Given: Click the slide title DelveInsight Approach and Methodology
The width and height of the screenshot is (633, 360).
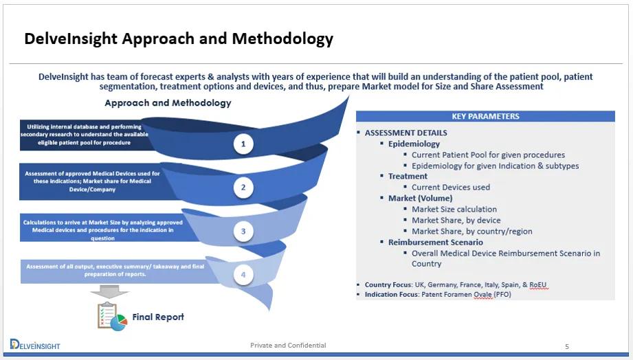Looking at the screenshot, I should (179, 38).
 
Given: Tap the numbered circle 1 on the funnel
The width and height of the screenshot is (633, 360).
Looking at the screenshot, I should (243, 144).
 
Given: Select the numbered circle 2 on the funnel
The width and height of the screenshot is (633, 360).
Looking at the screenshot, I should (243, 187).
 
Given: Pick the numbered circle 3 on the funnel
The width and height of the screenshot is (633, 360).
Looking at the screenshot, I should (243, 232).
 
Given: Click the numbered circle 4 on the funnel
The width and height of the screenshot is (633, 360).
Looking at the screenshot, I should (243, 275).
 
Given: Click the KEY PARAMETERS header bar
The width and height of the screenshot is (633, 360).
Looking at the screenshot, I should (485, 116).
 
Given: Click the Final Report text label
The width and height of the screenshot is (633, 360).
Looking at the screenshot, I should (158, 317).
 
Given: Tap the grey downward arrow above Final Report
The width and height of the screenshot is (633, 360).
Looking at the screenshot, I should (109, 292).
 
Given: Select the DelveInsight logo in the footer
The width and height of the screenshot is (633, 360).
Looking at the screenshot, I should (35, 344).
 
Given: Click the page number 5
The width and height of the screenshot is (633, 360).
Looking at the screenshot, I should (567, 346).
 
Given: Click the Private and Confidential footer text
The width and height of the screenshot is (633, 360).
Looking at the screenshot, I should (288, 345).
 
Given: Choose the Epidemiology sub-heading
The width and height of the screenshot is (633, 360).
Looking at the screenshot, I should (414, 144).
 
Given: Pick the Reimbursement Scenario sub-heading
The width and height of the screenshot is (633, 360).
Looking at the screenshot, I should (435, 242).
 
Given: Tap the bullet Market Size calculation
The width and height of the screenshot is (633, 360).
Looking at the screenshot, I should (454, 209).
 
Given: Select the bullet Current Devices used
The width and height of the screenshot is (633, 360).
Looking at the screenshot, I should (450, 187).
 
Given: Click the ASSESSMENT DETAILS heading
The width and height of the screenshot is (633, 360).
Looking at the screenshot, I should (406, 133).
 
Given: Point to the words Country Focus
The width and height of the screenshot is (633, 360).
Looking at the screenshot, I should (388, 284).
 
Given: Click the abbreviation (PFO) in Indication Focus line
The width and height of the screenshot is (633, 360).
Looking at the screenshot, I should (499, 294).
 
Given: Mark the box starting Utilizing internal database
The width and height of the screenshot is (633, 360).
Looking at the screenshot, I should (83, 135).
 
